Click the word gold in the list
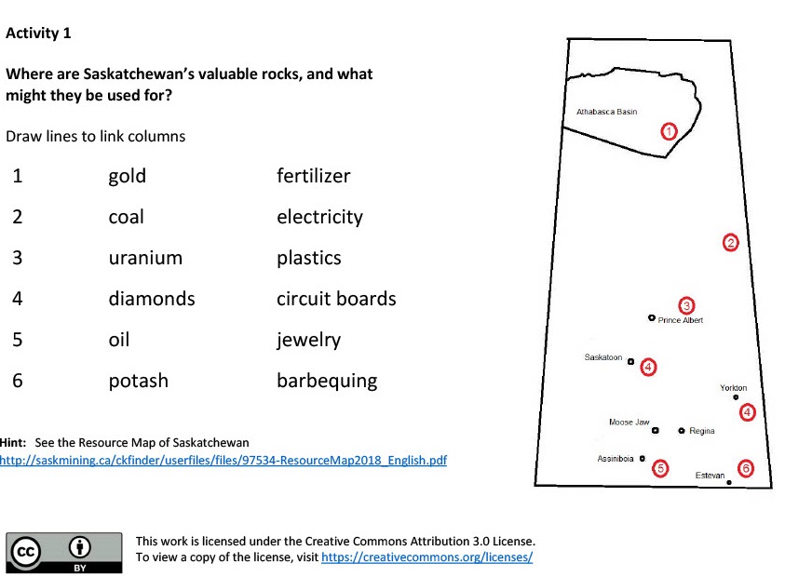(x=128, y=177)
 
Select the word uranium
(x=145, y=258)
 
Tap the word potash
(x=139, y=382)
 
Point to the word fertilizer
(x=314, y=176)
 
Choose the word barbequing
(x=327, y=382)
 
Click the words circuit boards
(x=336, y=299)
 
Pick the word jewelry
(x=308, y=341)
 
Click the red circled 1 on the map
(x=669, y=131)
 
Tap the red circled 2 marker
(x=730, y=243)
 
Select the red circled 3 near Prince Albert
(x=686, y=305)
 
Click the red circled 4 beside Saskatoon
(x=648, y=368)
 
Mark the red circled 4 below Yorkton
(x=747, y=412)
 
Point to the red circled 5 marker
(x=660, y=468)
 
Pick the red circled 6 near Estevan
(x=746, y=468)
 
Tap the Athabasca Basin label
(x=607, y=112)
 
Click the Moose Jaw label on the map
(x=629, y=422)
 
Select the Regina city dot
(x=682, y=430)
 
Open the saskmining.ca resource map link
(x=223, y=461)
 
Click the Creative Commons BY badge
(x=64, y=553)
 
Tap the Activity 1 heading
(x=38, y=33)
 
